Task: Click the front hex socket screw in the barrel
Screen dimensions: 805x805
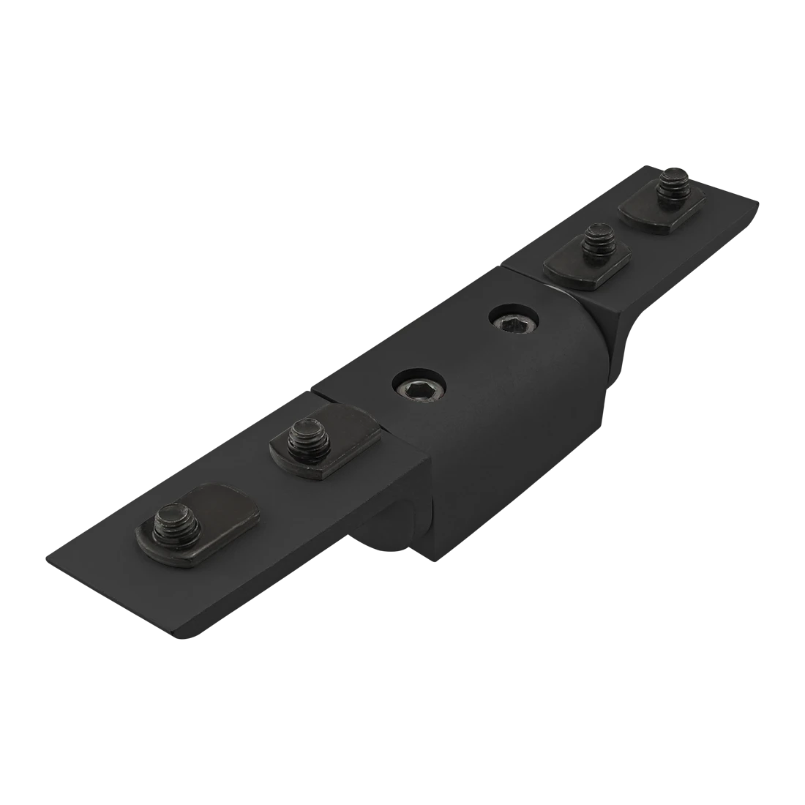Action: pos(419,388)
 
